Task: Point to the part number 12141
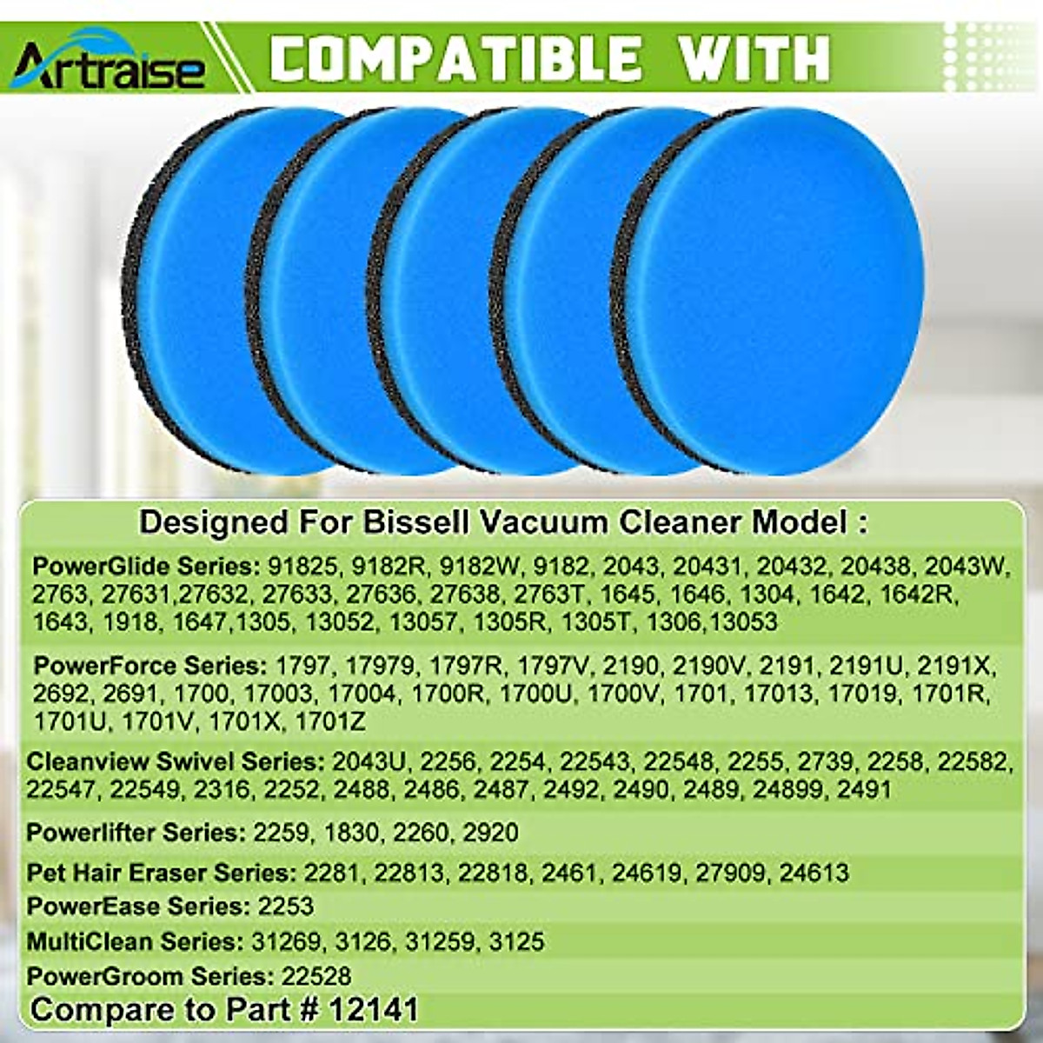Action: pos(374,1010)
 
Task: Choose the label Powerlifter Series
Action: pos(136,832)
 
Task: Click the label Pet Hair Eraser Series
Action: pos(160,872)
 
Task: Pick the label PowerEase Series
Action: pos(136,907)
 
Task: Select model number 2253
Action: pos(286,907)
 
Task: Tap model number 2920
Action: pos(491,832)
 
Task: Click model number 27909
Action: pos(728,872)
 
